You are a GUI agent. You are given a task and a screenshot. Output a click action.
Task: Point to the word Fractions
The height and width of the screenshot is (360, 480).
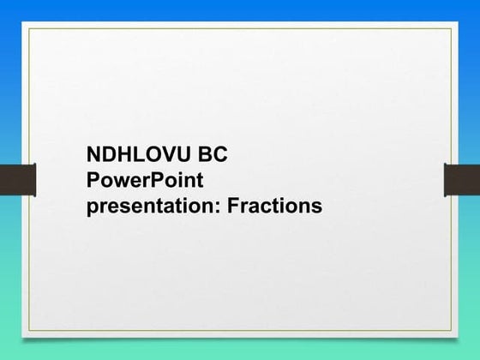(x=279, y=206)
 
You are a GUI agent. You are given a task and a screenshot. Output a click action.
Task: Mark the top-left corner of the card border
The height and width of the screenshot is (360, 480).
(x=28, y=27)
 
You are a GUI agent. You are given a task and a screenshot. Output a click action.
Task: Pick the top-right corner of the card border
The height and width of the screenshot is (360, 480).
(x=450, y=27)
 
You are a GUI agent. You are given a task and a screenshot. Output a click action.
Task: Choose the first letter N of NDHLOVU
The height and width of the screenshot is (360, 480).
(x=95, y=156)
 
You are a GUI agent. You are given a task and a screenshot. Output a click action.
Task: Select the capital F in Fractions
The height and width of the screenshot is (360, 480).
(x=243, y=206)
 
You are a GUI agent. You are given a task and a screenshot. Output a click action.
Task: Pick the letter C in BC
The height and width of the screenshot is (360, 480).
(x=220, y=156)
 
